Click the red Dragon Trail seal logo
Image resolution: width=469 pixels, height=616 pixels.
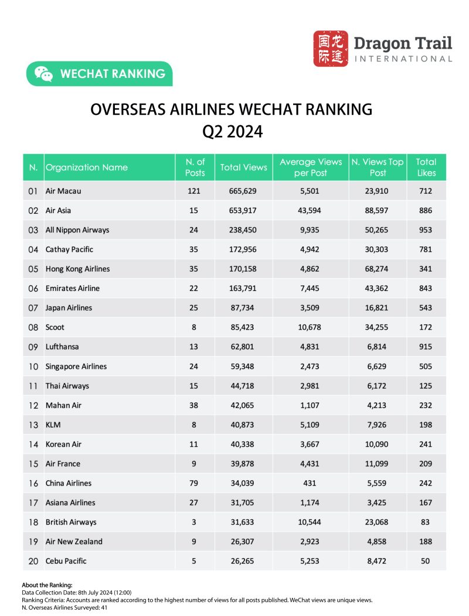pos(331,49)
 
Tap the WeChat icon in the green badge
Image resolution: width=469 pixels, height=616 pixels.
pos(43,74)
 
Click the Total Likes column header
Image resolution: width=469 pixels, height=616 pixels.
pos(426,167)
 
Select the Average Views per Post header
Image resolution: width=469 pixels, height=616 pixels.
pos(311,167)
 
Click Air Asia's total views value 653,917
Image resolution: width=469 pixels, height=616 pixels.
pos(243,210)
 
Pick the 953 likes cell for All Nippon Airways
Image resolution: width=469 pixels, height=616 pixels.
pos(426,230)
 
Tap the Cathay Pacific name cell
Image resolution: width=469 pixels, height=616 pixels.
pos(69,249)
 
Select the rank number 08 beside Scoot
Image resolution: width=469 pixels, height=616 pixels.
pos(33,327)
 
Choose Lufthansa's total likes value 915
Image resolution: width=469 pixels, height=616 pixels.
pos(426,347)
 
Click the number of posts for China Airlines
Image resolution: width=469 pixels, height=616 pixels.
pos(195,483)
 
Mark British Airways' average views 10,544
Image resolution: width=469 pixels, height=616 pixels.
pos(311,522)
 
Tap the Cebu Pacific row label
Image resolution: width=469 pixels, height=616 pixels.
pos(66,561)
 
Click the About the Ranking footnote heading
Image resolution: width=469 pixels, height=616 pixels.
pos(47,585)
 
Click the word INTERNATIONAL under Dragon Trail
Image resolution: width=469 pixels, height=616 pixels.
pos(404,59)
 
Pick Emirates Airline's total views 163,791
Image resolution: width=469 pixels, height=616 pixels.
pos(243,288)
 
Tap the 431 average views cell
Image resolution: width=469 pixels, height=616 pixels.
pos(311,483)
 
